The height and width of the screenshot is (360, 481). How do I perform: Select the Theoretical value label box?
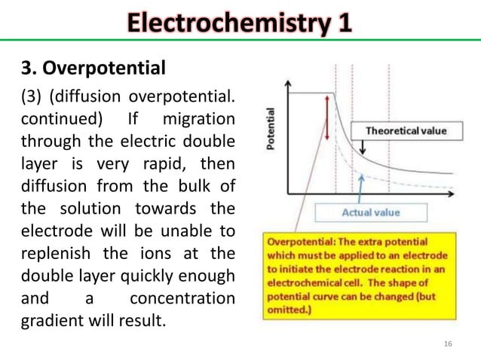coord(406,130)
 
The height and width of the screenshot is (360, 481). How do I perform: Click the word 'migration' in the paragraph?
coord(198,121)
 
